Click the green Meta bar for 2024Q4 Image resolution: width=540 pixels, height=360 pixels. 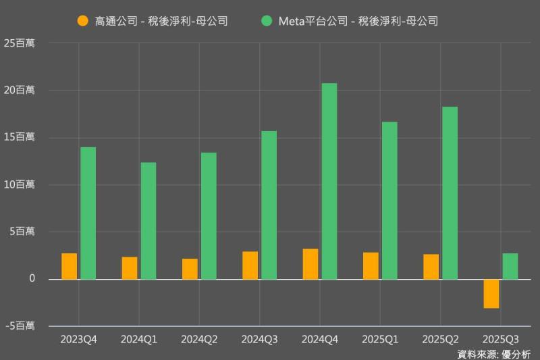pos(329,181)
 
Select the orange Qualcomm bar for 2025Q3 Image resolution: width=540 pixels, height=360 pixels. pos(491,294)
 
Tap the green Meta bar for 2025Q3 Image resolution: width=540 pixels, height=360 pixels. pos(510,266)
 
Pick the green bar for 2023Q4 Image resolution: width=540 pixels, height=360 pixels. pos(88,213)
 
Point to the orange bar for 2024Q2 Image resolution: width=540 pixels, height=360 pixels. pos(190,269)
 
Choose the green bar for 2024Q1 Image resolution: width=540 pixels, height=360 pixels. pos(148,221)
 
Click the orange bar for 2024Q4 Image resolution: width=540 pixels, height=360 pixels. pos(310,264)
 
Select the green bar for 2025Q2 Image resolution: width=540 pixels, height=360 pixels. pos(450,192)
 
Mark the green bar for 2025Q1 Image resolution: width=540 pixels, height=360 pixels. pos(389,201)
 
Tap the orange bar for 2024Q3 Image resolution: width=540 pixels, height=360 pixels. pos(250,265)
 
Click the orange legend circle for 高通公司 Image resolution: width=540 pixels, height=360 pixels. pos(83,21)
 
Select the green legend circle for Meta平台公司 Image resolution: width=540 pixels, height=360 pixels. pos(267,21)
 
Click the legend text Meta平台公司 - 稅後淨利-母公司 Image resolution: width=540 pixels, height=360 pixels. pos(358,21)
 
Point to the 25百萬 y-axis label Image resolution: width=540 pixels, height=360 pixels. pos(20,43)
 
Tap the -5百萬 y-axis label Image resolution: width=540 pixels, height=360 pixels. pos(20,326)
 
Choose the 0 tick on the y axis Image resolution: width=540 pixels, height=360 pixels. pos(31,279)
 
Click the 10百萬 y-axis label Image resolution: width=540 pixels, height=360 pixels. pos(20,184)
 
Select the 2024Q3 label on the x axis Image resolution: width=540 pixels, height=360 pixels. pos(260,338)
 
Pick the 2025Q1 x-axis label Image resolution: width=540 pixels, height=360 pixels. pos(380,338)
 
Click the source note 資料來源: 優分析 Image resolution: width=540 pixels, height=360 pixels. pos(494,353)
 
